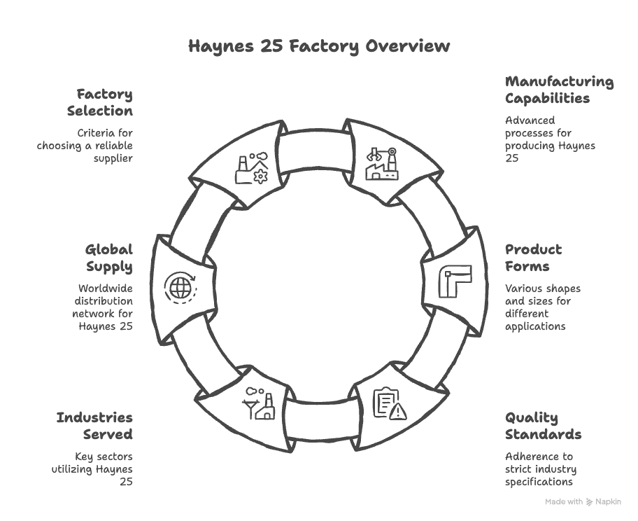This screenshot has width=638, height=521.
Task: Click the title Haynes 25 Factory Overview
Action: [x=319, y=47]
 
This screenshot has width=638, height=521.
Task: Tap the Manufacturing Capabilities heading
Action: [x=559, y=90]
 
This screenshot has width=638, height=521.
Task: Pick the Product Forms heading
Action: [x=533, y=258]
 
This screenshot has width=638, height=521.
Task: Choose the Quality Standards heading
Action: [x=543, y=426]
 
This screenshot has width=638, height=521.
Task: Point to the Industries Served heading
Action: [x=94, y=426]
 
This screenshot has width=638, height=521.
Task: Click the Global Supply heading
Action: [x=109, y=258]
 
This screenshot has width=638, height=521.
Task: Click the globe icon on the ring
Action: [x=180, y=287]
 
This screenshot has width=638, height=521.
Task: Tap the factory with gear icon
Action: [x=251, y=168]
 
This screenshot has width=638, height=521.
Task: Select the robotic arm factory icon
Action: [x=382, y=163]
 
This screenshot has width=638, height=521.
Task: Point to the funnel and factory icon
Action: [x=258, y=404]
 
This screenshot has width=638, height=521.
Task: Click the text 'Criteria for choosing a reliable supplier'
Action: [x=85, y=146]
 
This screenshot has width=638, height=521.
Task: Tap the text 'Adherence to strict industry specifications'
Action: [x=539, y=468]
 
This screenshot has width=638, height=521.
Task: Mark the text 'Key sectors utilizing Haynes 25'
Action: [x=92, y=468]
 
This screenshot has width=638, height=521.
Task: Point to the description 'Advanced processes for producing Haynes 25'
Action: [x=550, y=139]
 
